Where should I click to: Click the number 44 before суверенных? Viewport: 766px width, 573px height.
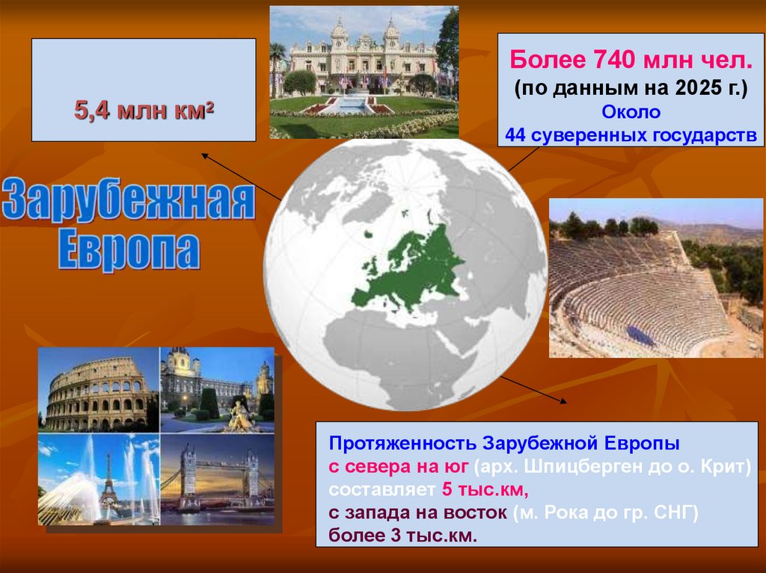click(515, 134)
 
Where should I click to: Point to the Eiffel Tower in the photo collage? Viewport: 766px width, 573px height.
click(109, 482)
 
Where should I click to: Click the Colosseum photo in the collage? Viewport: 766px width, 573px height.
click(99, 390)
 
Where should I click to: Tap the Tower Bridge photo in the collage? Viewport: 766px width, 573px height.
click(217, 478)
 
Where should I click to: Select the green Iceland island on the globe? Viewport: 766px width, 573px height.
click(370, 234)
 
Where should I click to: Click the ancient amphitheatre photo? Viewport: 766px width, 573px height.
click(655, 278)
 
